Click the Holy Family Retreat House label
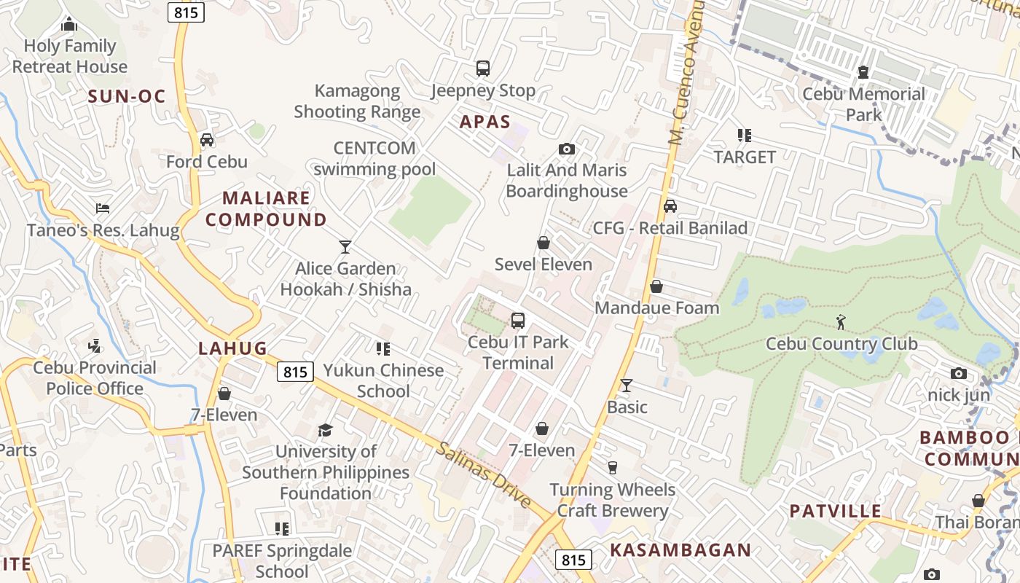70,56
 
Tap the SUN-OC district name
127,96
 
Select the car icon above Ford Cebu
207,140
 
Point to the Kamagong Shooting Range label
357,101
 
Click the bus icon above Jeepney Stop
482,69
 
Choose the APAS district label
485,122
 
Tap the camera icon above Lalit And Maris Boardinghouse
566,149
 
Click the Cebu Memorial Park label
863,104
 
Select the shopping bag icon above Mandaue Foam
656,286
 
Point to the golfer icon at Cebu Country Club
841,321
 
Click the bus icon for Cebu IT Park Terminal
518,320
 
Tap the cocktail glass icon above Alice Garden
345,247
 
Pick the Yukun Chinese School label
383,380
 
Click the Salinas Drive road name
484,474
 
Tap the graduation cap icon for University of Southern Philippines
325,430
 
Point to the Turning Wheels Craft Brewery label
613,500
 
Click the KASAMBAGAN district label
680,550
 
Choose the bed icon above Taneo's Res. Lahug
103,209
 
